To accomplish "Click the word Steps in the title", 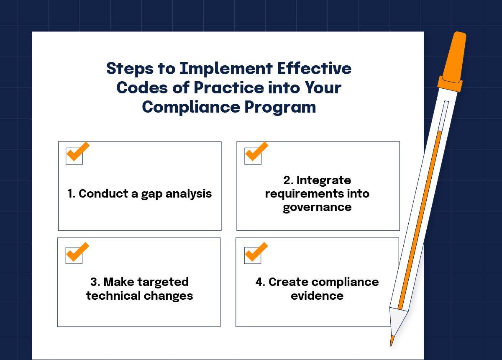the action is click(130, 69).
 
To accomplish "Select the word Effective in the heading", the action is click(314, 68).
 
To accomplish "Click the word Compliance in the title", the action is click(191, 107).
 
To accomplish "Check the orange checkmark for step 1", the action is click(78, 151).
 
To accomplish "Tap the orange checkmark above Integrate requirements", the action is click(257, 151).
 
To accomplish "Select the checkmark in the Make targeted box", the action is click(78, 252).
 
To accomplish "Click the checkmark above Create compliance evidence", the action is click(256, 252).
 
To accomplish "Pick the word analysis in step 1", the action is click(189, 194).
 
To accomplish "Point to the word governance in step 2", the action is click(317, 208).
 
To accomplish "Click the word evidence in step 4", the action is click(317, 296).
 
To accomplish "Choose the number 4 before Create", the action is click(259, 282).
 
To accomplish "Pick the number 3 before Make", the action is click(93, 282).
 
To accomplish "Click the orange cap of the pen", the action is click(452, 62).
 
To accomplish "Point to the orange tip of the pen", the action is click(392, 341).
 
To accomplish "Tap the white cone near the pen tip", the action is click(397, 320).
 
